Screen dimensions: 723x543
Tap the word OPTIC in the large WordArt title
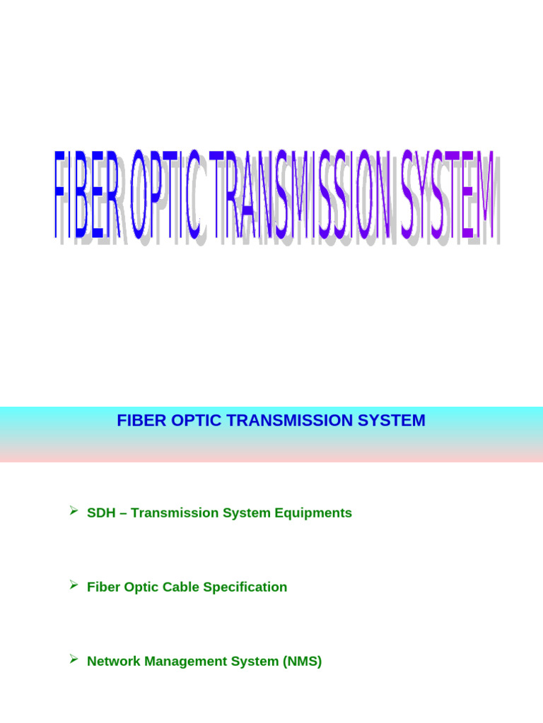tap(168, 194)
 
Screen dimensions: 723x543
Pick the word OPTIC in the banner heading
tap(187, 421)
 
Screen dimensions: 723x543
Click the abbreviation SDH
tap(100, 513)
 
